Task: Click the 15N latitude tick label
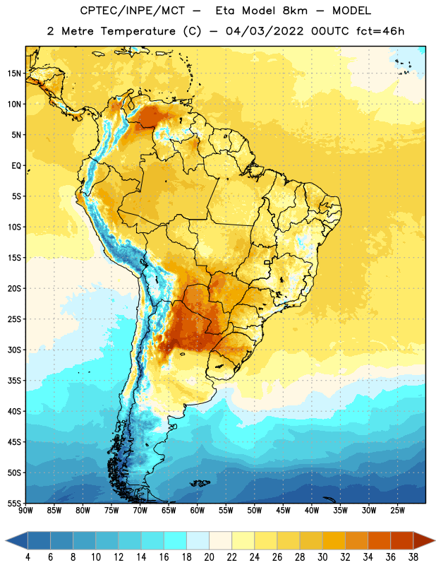[14, 73]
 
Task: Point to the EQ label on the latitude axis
[16, 166]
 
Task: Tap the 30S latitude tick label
[14, 350]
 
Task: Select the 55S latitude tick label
[14, 503]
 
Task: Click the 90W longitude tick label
[25, 511]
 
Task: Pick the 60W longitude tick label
[198, 511]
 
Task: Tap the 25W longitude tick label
[397, 511]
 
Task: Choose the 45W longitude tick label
[283, 511]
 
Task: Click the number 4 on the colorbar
[28, 557]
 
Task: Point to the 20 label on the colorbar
[209, 557]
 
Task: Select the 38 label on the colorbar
[413, 557]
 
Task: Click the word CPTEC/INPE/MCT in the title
[132, 11]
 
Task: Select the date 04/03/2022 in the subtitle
[265, 31]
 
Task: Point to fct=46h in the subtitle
[380, 31]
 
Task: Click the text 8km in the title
[295, 11]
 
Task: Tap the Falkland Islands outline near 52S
[200, 483]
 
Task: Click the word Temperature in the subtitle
[138, 31]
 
